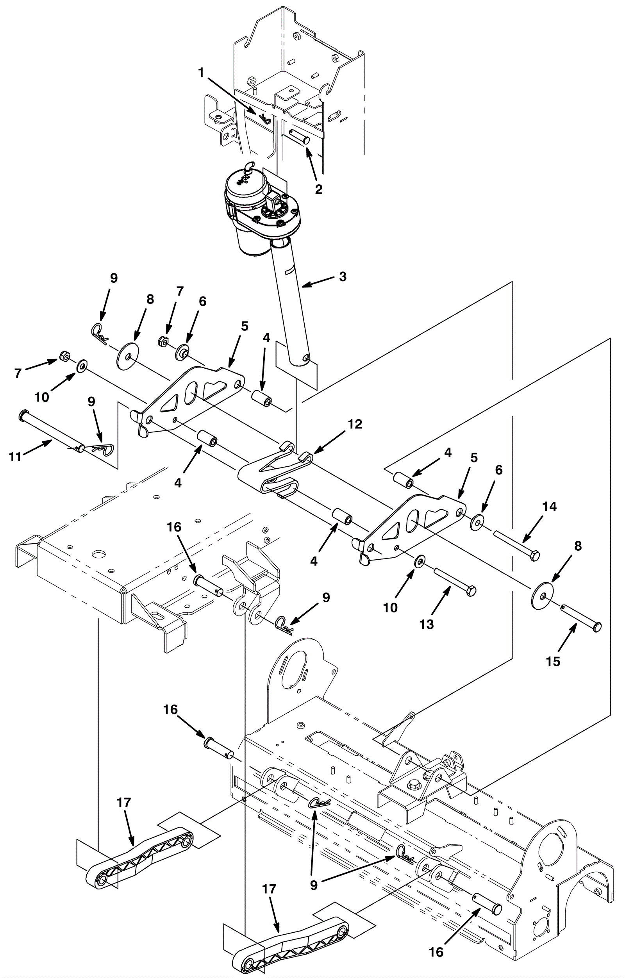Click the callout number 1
coord(200,73)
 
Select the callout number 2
coord(319,189)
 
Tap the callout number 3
coord(343,277)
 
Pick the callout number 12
coord(355,424)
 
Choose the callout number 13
coord(427,624)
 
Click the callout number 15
coord(553,662)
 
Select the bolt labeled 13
coord(455,580)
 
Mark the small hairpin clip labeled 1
coord(265,119)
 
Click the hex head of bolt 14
coord(535,555)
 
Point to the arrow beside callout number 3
coord(317,282)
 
